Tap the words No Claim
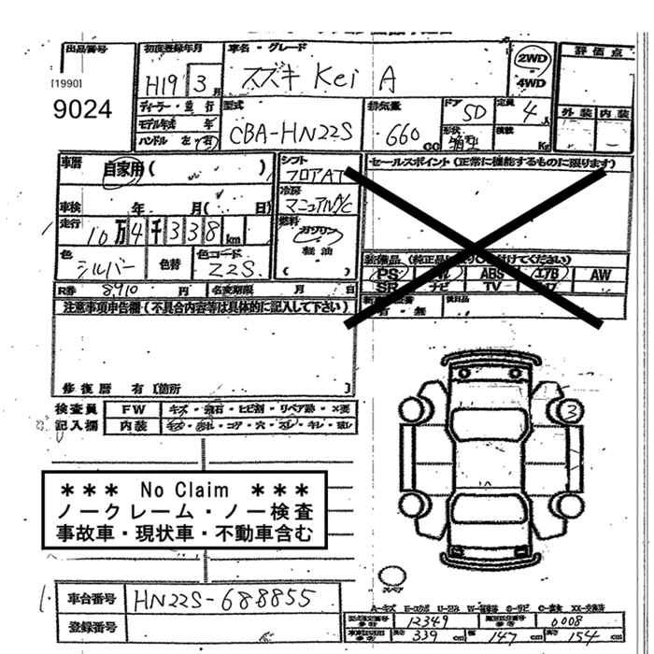coord(184,490)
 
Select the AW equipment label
coord(600,275)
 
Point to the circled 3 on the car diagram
coord(568,408)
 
